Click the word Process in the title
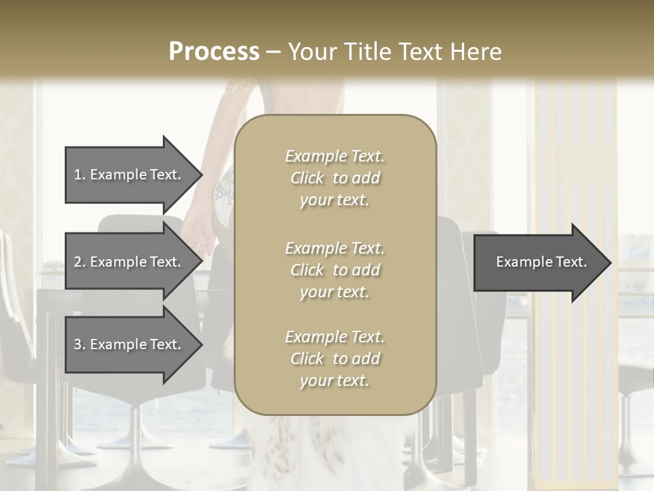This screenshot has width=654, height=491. coord(214,52)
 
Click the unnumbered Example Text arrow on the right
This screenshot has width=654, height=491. coord(541,262)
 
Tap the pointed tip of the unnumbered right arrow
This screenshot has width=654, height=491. coord(610,263)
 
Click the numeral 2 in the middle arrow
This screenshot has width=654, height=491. coord(78,262)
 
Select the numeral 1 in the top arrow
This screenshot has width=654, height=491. coord(78,175)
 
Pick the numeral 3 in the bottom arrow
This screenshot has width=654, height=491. coord(78,344)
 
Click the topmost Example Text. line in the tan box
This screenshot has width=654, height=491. coord(334,157)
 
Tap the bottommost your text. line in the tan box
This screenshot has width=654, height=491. coord(334,381)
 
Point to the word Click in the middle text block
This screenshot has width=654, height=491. coord(307,270)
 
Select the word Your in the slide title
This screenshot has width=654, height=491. coord(309,52)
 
